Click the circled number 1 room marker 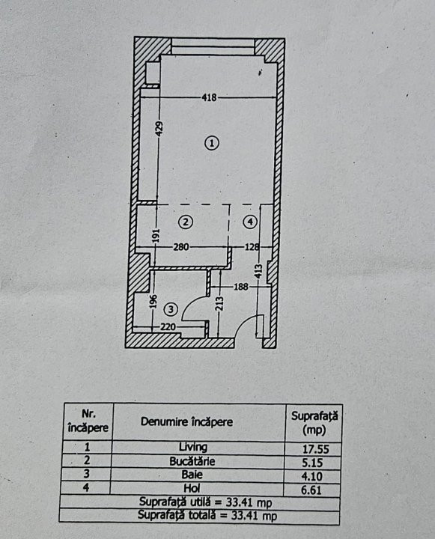[x=212, y=143]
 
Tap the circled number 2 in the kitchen [x=186, y=222]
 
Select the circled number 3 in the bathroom [x=171, y=309]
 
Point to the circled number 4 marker [x=250, y=222]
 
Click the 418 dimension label [x=209, y=97]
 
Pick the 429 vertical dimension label [x=159, y=129]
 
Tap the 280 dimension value [x=181, y=247]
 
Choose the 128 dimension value [x=252, y=247]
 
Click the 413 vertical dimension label [x=260, y=271]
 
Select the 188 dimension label [x=241, y=286]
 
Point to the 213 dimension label [x=220, y=303]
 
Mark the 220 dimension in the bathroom [x=168, y=326]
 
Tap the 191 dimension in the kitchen [x=156, y=236]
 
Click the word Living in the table [x=193, y=447]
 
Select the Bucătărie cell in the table [x=192, y=461]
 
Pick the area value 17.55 [x=316, y=449]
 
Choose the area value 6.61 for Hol [x=311, y=490]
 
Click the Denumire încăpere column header [x=186, y=421]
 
